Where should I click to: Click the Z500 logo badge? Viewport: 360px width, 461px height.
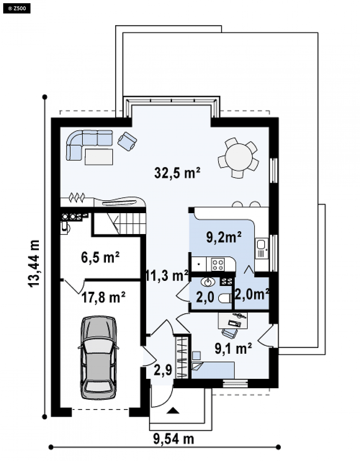(17, 8)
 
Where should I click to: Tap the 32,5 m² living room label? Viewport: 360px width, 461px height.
(177, 173)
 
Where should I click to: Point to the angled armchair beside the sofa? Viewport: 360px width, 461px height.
(127, 141)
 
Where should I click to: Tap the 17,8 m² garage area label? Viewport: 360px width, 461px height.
(103, 297)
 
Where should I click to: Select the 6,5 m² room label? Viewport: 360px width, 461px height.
(100, 257)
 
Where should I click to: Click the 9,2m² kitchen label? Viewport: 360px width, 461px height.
(224, 237)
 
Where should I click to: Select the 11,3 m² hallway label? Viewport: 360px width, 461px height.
(167, 275)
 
